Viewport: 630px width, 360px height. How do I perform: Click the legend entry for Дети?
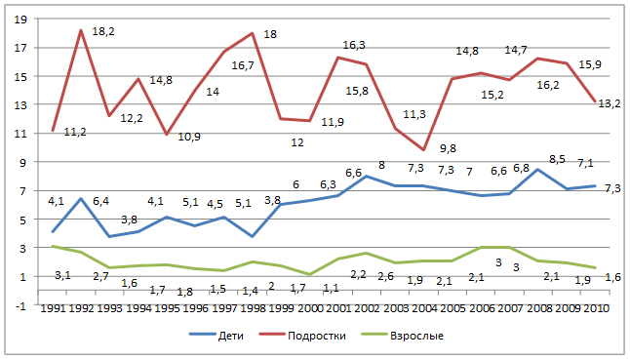[217, 335]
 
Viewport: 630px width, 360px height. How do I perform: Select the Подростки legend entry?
[302, 335]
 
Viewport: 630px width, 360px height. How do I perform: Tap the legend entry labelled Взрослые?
[403, 335]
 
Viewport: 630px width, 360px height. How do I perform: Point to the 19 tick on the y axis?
[20, 20]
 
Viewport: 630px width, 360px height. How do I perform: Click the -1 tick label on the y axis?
[20, 306]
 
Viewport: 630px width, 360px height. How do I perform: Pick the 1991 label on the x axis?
[53, 308]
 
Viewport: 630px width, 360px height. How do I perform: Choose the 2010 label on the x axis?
[596, 308]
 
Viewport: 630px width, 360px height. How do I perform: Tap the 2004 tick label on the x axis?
[424, 308]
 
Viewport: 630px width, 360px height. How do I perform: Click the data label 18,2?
[103, 31]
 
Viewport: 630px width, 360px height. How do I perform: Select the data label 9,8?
[448, 148]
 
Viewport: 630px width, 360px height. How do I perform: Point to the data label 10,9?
[189, 137]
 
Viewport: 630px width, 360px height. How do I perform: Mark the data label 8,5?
[557, 159]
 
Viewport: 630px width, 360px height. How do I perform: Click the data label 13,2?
[610, 103]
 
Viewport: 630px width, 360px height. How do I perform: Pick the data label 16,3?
[354, 45]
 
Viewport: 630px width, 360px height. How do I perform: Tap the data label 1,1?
[331, 288]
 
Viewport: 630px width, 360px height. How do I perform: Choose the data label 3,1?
[62, 276]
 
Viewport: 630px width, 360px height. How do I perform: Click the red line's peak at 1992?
[81, 30]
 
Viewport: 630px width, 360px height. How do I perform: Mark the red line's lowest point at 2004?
[423, 150]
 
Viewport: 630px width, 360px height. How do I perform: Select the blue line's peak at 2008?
[538, 169]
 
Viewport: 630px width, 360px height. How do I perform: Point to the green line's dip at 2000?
[309, 274]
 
